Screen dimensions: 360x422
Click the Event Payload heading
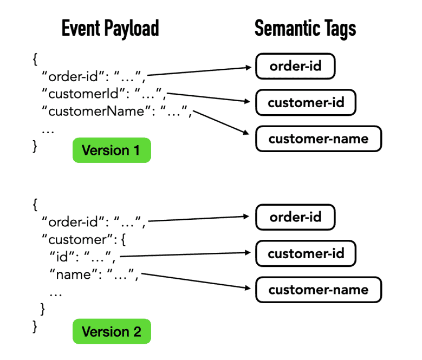pos(110,29)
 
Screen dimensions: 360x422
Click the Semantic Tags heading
pos(305,29)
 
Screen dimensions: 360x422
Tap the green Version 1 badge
pos(111,150)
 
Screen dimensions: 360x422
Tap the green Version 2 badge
pos(111,331)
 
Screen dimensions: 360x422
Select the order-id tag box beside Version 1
pos(295,67)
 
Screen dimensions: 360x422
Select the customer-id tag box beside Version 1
pos(306,103)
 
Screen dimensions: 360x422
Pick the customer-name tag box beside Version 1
pos(318,139)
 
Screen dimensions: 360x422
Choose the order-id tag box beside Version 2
pos(295,217)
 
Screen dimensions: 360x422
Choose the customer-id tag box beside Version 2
pos(306,253)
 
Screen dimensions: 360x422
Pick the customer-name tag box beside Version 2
pos(318,289)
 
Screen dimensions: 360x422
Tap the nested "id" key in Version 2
pos(60,257)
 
